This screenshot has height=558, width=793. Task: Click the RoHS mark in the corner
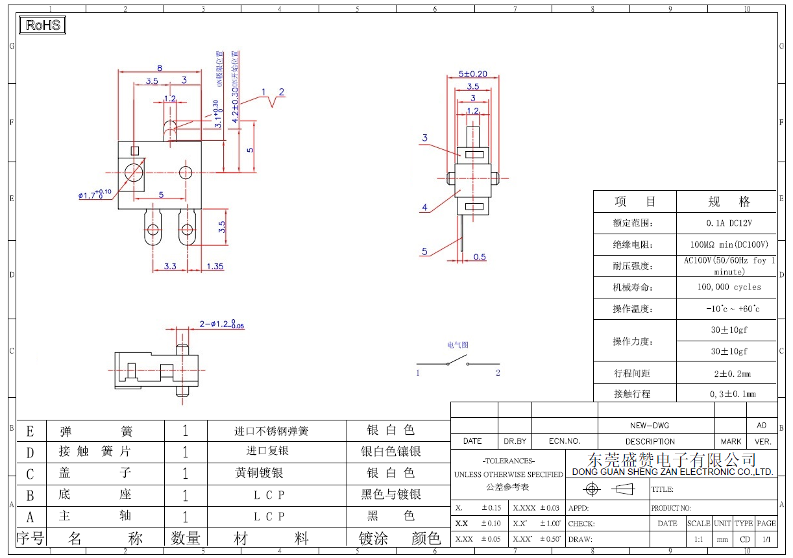(x=43, y=25)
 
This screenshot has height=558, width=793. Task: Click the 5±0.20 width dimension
(x=472, y=74)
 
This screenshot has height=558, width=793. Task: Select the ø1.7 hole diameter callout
(x=95, y=195)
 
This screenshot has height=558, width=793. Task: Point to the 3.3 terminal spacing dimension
(x=170, y=266)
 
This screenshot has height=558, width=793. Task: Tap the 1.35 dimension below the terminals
(x=215, y=266)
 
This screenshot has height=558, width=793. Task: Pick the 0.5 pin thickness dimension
(x=480, y=257)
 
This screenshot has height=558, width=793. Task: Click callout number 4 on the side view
(x=424, y=208)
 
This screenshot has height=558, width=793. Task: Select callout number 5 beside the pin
(x=424, y=252)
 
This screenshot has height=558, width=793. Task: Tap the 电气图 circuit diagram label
(x=457, y=345)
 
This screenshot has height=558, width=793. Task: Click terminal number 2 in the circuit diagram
(x=498, y=373)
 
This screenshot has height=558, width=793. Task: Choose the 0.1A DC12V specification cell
(x=726, y=223)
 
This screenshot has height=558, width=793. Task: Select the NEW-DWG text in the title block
(x=649, y=426)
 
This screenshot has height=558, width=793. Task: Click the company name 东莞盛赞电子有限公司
(x=672, y=460)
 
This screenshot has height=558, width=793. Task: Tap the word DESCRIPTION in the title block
(x=650, y=441)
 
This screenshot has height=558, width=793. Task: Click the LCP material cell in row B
(x=269, y=495)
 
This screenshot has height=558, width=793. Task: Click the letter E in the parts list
(x=30, y=431)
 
